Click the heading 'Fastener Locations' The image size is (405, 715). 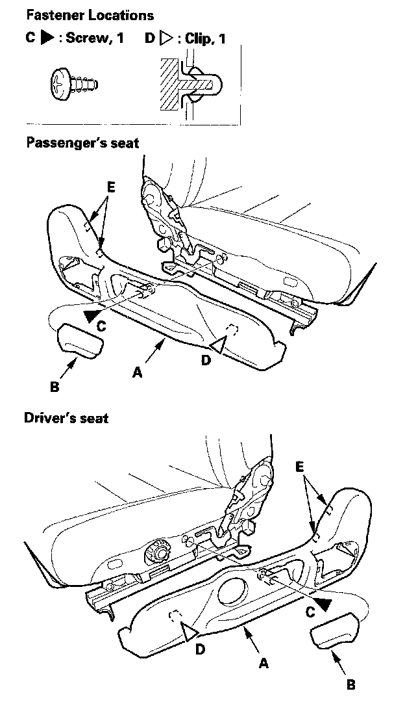(90, 14)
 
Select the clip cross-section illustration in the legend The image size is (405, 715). (190, 82)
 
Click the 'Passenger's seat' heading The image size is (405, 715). (82, 142)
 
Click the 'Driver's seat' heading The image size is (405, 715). (66, 418)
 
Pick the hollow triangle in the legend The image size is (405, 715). (166, 38)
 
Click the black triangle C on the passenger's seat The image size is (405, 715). (92, 316)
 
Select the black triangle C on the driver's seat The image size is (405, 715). (326, 603)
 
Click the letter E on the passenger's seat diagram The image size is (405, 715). (111, 188)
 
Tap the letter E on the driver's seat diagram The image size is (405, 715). (299, 467)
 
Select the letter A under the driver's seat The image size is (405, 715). (263, 663)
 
